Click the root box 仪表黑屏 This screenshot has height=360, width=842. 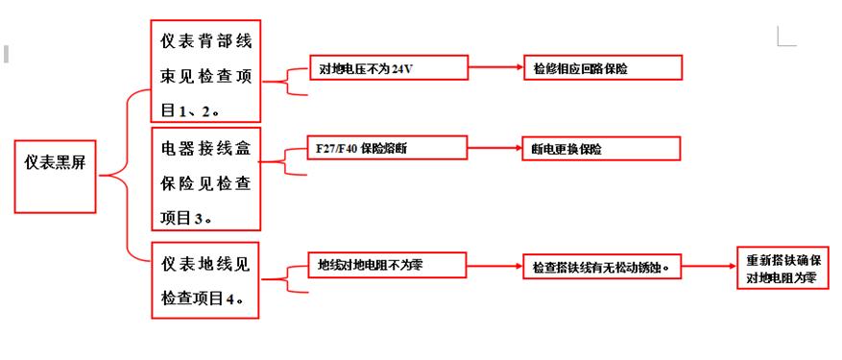[x=55, y=176]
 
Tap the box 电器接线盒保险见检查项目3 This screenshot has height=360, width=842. [x=205, y=178]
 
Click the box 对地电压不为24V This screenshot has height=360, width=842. [x=387, y=67]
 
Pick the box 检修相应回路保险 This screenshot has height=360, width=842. [x=602, y=67]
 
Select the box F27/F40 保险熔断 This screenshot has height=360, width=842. [x=387, y=148]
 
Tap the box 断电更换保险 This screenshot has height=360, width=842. [x=601, y=148]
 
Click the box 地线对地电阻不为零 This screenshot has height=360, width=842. [x=387, y=264]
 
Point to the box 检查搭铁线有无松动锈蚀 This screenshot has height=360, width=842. [x=601, y=267]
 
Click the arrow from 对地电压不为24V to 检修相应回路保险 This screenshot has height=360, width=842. [x=494, y=67]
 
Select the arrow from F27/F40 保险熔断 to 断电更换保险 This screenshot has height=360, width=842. [x=494, y=148]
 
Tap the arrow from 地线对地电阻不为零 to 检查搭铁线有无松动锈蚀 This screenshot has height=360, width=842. [x=494, y=265]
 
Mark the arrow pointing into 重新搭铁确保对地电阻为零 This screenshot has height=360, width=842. [x=709, y=267]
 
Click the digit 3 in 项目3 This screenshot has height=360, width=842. [x=197, y=219]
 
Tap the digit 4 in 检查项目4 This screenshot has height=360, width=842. [x=229, y=300]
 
